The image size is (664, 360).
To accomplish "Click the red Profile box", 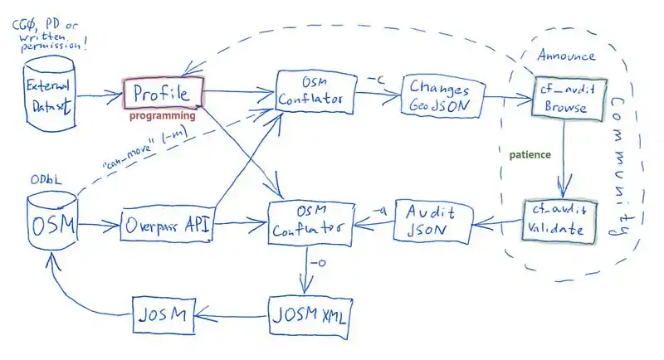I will pos(163,93).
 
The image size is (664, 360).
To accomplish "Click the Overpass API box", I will pos(167,224).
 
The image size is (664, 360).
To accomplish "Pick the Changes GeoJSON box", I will pos(437,97).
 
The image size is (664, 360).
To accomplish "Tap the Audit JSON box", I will pos(426,220).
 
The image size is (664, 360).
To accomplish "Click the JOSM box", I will pos(165,314).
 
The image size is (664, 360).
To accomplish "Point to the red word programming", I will pos(163,117).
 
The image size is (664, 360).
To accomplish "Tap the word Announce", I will pos(566,56).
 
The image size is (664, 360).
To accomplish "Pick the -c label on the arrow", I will pos(375,80).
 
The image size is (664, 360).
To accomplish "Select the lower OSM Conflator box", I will pos(306,221).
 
